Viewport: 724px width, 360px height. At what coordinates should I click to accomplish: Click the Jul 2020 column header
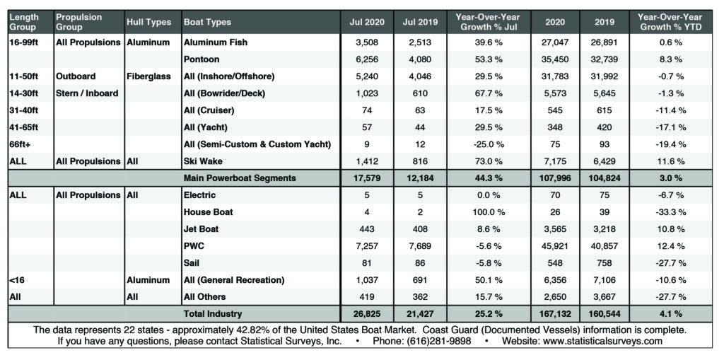point(367,22)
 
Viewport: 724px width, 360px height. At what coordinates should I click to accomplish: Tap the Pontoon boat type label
point(202,59)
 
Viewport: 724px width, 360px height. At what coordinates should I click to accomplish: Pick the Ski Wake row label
point(204,161)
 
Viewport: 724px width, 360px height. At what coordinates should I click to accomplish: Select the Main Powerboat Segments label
point(240,178)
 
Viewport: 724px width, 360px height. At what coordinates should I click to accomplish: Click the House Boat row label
point(209,211)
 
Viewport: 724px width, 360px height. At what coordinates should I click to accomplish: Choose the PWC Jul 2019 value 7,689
point(424,246)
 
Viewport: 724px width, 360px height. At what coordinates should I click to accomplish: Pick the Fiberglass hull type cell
point(149,76)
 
